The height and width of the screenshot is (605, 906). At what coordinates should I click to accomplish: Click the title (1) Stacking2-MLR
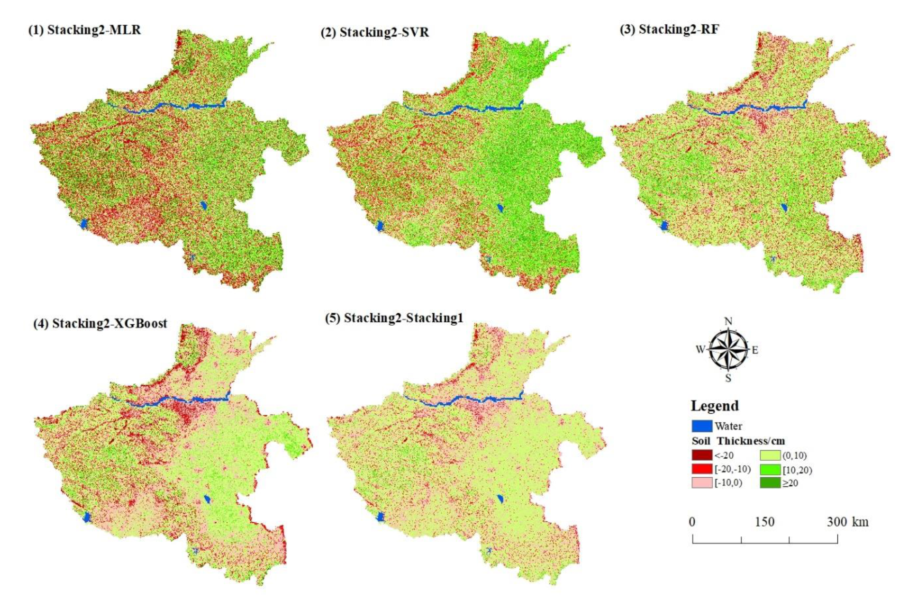click(85, 30)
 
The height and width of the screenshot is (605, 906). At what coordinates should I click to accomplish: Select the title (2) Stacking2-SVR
click(375, 32)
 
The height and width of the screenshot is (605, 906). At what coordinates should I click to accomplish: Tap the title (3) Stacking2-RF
click(669, 30)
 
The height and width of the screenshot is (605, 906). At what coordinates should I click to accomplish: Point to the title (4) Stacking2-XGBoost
click(100, 323)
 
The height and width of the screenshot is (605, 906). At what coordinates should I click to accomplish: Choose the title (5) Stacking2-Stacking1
click(394, 318)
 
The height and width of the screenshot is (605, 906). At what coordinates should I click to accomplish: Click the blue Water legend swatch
click(701, 426)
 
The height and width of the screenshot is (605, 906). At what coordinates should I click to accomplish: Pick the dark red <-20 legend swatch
click(701, 455)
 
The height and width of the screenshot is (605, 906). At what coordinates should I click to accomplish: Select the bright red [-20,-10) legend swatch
click(701, 469)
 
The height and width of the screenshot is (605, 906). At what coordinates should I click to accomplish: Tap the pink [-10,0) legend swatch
click(701, 483)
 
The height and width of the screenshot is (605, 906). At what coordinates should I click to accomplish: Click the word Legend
click(714, 406)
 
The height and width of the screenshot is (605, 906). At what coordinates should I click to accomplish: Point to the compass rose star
click(728, 349)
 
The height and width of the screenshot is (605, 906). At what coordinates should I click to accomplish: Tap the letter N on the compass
click(728, 321)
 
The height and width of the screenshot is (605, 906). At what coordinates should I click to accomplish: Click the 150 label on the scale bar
click(764, 522)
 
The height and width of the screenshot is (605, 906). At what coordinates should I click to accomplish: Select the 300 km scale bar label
click(847, 522)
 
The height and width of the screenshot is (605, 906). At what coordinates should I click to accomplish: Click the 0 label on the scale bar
click(692, 522)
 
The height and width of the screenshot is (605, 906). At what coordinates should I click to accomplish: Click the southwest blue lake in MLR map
click(83, 224)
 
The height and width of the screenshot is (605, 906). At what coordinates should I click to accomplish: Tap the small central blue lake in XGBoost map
click(207, 499)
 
